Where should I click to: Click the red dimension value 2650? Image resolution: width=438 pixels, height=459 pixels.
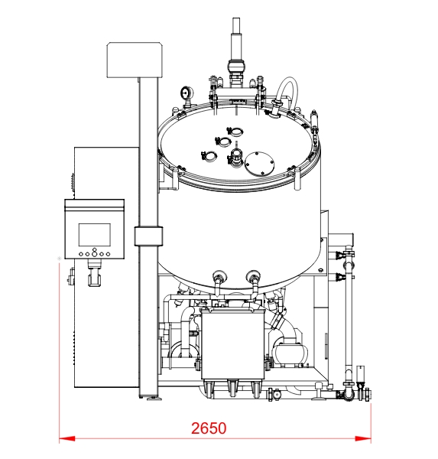click(209, 428)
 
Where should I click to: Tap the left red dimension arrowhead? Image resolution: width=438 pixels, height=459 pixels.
click(67, 438)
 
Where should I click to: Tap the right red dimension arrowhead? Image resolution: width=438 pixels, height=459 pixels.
click(363, 438)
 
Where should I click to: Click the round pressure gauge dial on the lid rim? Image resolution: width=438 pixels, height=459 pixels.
click(186, 93)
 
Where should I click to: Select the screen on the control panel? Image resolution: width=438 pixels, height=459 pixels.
click(95, 235)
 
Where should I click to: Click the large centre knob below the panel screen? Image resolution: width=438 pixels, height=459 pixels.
click(95, 254)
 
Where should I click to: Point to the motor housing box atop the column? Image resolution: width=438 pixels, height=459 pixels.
click(135, 60)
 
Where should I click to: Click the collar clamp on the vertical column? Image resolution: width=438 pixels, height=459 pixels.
click(148, 236)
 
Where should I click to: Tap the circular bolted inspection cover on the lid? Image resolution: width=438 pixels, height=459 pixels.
click(260, 164)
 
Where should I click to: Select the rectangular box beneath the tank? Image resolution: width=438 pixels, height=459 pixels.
click(233, 344)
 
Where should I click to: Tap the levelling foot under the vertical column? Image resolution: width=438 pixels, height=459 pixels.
click(154, 399)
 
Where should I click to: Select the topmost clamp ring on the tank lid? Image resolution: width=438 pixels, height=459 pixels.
click(235, 132)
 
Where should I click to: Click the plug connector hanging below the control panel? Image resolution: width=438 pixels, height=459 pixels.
click(95, 275)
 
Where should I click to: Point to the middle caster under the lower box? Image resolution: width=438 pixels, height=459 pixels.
click(233, 388)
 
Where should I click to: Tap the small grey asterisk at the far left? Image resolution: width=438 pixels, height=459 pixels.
click(60, 259)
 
